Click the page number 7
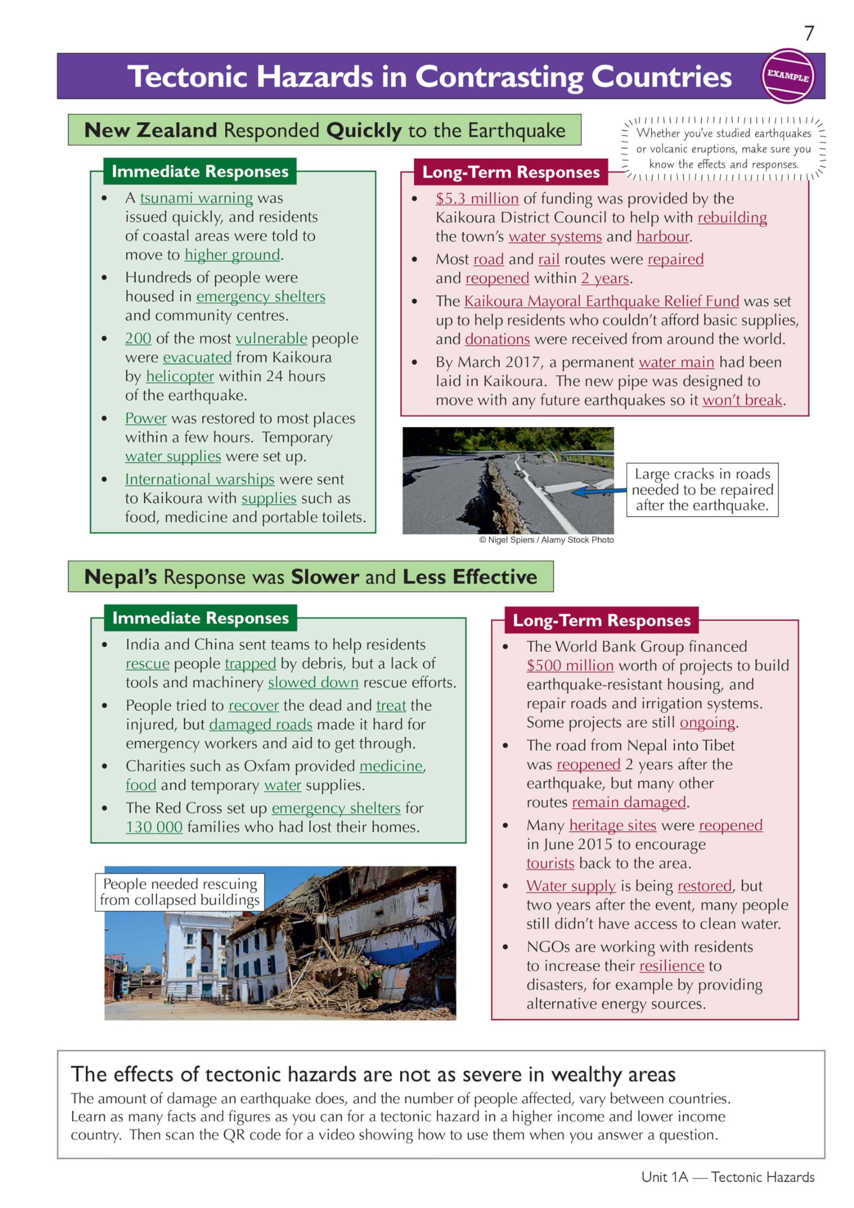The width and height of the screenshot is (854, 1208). (x=809, y=34)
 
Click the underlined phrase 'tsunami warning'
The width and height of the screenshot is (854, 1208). (x=196, y=198)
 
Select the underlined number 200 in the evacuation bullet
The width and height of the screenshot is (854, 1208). (x=138, y=338)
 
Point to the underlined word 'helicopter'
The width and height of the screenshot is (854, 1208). (x=180, y=376)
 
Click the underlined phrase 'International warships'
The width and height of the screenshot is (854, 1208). (x=200, y=479)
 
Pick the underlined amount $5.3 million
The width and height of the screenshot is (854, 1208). (x=477, y=199)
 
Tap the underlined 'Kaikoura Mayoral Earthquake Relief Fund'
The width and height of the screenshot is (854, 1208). (x=601, y=302)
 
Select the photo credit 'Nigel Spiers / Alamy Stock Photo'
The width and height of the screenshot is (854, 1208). (x=546, y=540)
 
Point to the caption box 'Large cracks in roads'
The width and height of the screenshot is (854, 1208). (x=702, y=490)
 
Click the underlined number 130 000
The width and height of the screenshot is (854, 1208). (x=154, y=827)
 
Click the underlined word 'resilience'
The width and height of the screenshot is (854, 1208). (x=671, y=966)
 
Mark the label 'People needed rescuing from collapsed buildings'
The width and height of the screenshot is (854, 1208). (x=179, y=892)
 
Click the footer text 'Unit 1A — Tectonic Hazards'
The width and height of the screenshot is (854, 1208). (x=727, y=1177)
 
